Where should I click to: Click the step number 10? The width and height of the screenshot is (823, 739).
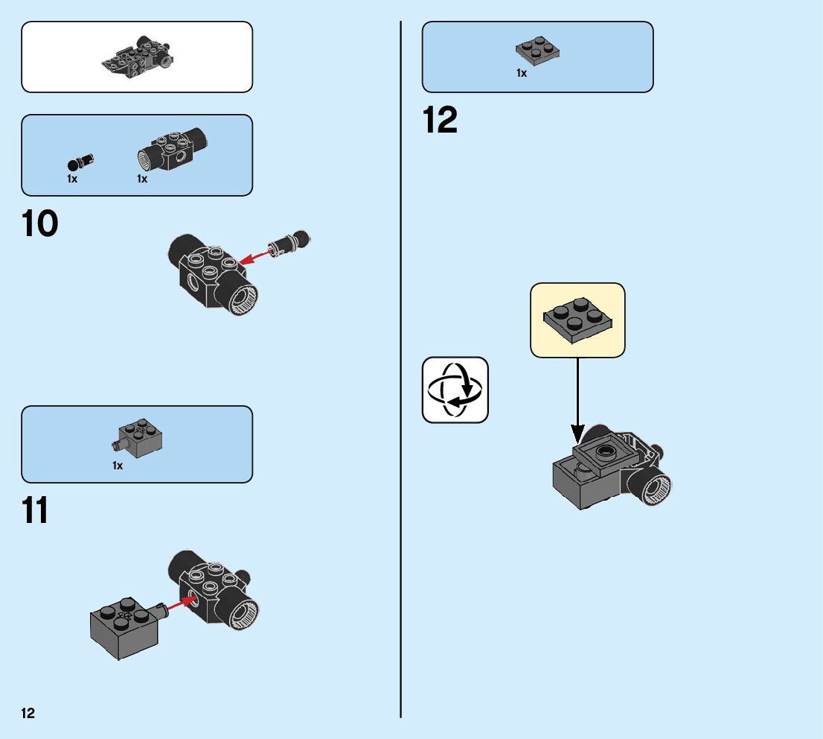[x=40, y=224]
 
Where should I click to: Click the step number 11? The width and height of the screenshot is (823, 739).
[x=36, y=511]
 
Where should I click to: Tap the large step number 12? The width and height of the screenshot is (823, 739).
[x=440, y=121]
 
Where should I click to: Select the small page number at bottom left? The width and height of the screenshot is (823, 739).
[x=28, y=714]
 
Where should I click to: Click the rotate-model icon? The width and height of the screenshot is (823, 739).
[x=455, y=390]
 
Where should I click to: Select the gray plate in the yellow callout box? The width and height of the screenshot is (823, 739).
[x=576, y=319]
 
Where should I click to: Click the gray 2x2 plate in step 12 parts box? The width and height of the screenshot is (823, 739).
[x=537, y=51]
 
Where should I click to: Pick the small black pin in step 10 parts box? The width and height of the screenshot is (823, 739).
[x=80, y=161]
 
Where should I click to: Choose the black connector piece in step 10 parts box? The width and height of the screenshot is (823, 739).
[x=172, y=148]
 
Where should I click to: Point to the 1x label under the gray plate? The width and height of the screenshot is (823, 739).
[x=522, y=73]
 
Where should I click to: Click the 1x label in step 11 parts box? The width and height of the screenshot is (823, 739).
[x=118, y=466]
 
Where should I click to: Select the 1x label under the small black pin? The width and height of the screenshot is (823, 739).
[x=72, y=180]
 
